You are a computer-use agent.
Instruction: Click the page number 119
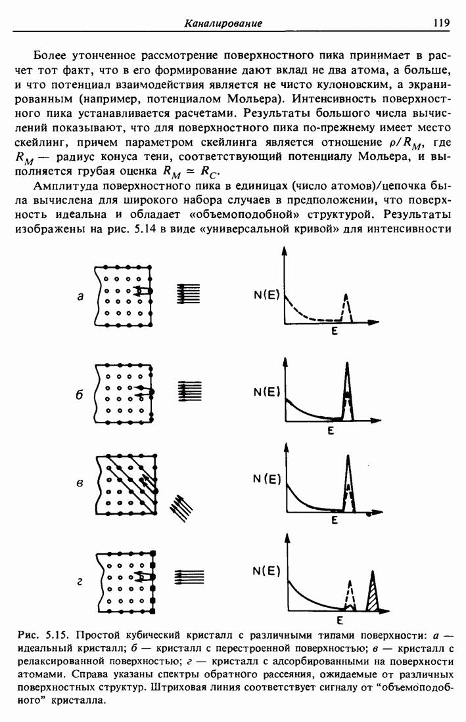pyautogui.click(x=441, y=23)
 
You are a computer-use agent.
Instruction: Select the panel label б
pyautogui.click(x=79, y=396)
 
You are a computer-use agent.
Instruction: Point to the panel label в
pyautogui.click(x=80, y=484)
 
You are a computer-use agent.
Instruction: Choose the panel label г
pyautogui.click(x=80, y=580)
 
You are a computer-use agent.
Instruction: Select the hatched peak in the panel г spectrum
pyautogui.click(x=374, y=594)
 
